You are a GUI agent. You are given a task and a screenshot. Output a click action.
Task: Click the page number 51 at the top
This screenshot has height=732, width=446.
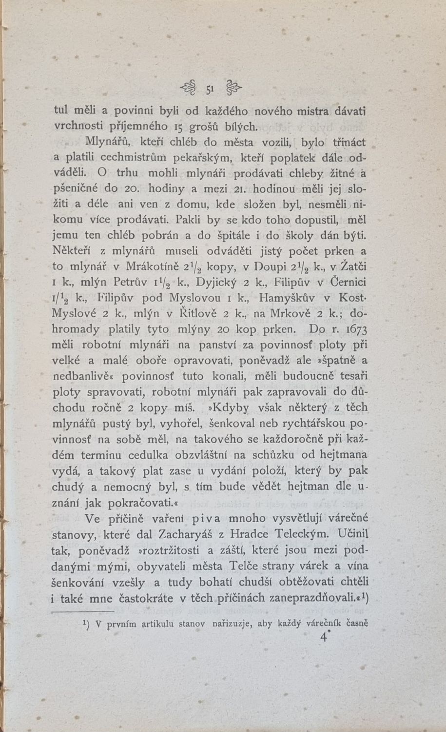click(211, 89)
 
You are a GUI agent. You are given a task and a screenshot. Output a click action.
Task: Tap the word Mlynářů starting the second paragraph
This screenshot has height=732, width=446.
click(107, 142)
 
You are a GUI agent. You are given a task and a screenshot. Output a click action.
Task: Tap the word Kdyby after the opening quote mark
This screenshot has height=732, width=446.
click(231, 407)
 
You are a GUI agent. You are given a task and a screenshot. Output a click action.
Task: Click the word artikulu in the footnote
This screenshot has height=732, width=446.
click(158, 624)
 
